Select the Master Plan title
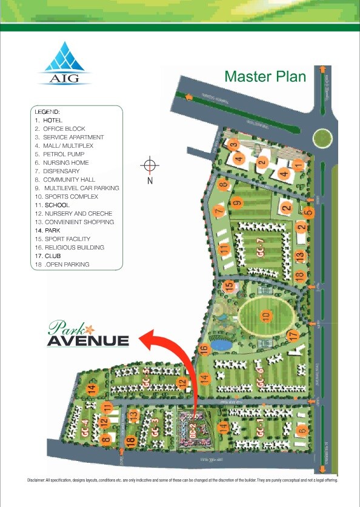(265, 77)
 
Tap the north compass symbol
(150, 166)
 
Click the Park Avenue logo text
(88, 334)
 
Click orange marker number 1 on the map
(298, 165)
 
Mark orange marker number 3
(233, 144)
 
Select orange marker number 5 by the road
(308, 212)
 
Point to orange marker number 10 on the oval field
(265, 316)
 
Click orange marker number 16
(204, 348)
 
